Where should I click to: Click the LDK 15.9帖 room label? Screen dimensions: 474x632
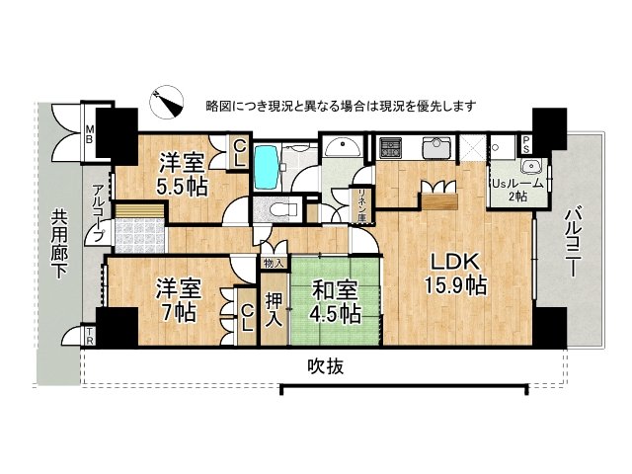click(455, 274)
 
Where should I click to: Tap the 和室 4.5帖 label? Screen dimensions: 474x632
click(336, 300)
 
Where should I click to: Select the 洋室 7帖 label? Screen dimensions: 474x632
click(179, 300)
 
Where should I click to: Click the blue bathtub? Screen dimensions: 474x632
click(266, 167)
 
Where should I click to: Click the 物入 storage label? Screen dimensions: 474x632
click(273, 263)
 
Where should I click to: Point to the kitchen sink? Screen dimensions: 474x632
click(435, 148)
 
